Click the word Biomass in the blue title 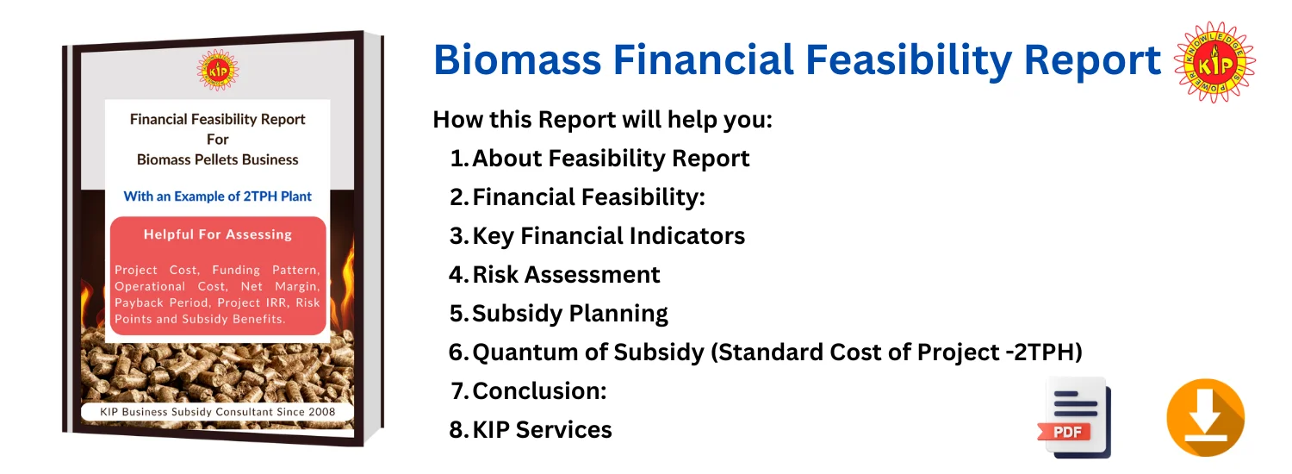(518, 60)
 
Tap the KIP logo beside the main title (1214, 62)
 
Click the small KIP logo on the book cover (217, 70)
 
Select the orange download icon (1205, 417)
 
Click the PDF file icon (1075, 417)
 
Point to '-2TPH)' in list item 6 (1043, 352)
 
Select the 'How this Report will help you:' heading (602, 120)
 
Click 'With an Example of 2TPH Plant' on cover (217, 196)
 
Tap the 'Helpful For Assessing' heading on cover (217, 234)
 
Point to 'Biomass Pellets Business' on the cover (217, 160)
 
